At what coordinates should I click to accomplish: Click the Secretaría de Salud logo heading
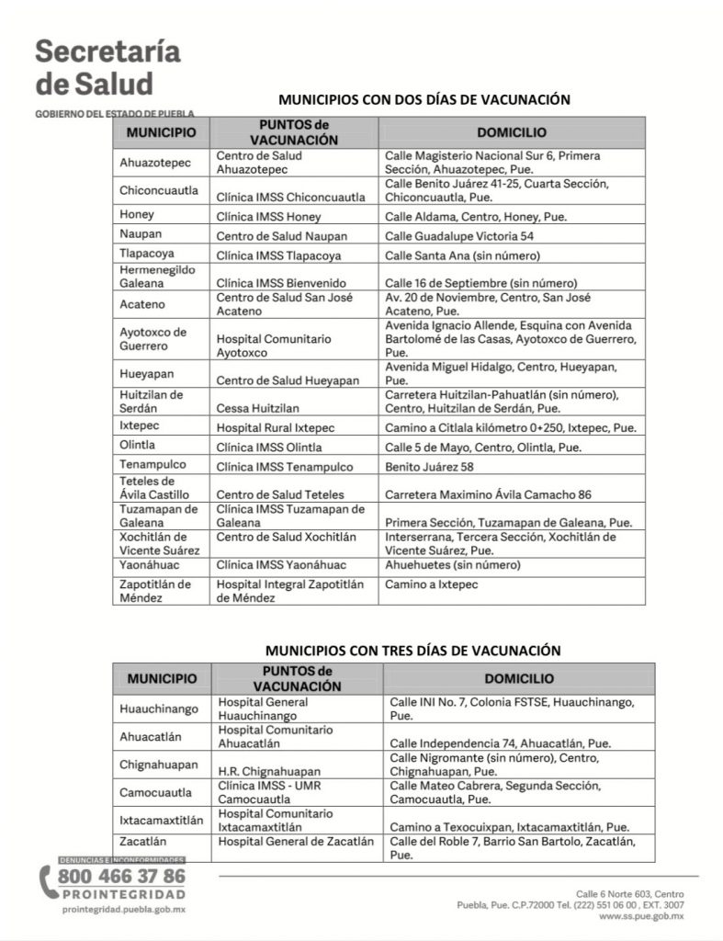click(107, 67)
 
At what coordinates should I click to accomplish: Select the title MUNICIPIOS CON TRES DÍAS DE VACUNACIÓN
click(412, 650)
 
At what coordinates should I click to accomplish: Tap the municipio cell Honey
click(137, 215)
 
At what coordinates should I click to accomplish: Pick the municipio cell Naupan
click(141, 234)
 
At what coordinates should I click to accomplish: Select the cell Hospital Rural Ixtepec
click(275, 428)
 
